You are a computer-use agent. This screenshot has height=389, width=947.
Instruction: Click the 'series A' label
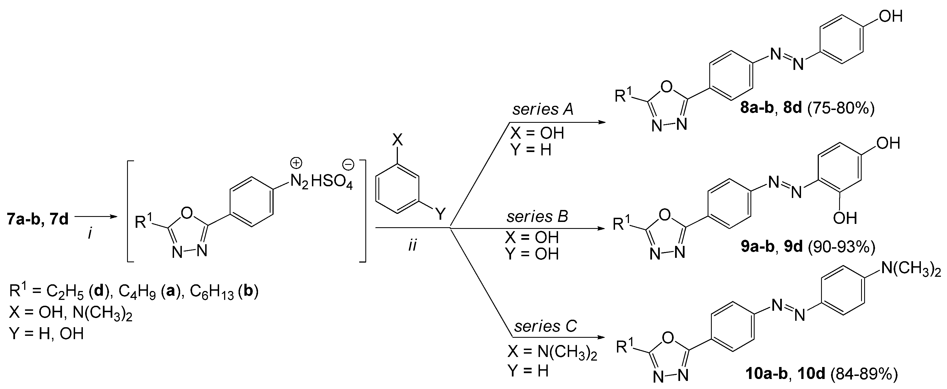click(x=543, y=109)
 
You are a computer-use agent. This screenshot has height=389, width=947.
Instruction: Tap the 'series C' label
click(x=545, y=326)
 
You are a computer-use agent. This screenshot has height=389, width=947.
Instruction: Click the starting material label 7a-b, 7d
click(x=38, y=219)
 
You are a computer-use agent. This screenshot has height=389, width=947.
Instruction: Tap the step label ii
click(x=413, y=245)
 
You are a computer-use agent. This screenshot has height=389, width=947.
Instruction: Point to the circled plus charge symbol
click(x=296, y=163)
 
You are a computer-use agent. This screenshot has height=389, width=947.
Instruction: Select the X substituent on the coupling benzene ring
click(x=397, y=140)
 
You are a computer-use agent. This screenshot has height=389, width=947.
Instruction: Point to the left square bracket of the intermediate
click(x=130, y=211)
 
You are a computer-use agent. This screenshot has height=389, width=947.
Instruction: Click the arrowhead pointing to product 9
click(x=601, y=229)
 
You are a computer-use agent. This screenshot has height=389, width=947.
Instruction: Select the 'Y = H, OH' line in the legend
click(x=47, y=333)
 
